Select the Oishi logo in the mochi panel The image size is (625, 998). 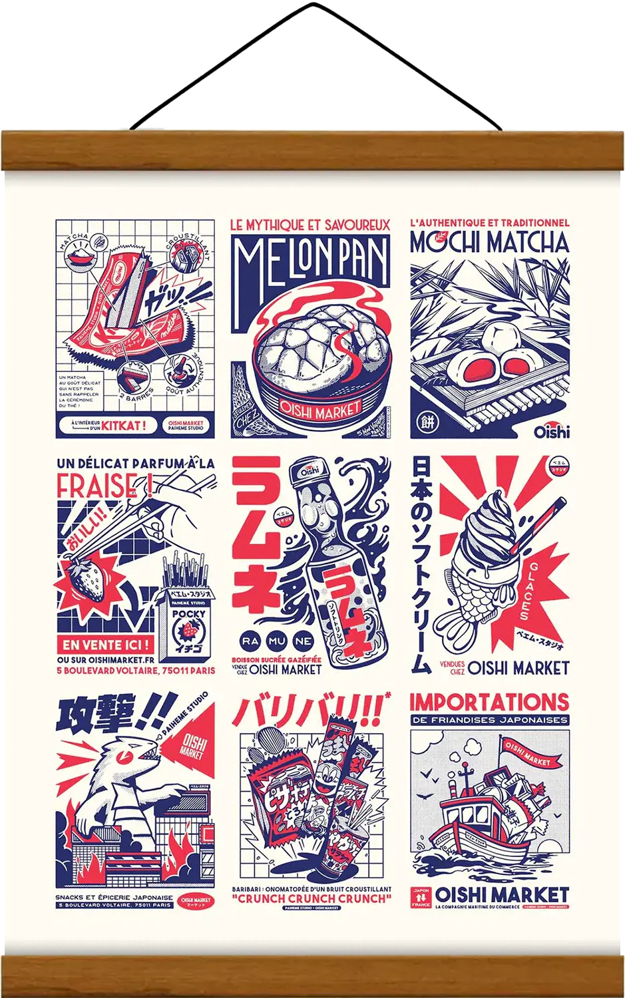[551, 431]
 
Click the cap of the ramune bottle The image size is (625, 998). [310, 474]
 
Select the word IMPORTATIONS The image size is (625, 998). [489, 702]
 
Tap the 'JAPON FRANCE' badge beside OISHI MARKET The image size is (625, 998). [421, 898]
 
